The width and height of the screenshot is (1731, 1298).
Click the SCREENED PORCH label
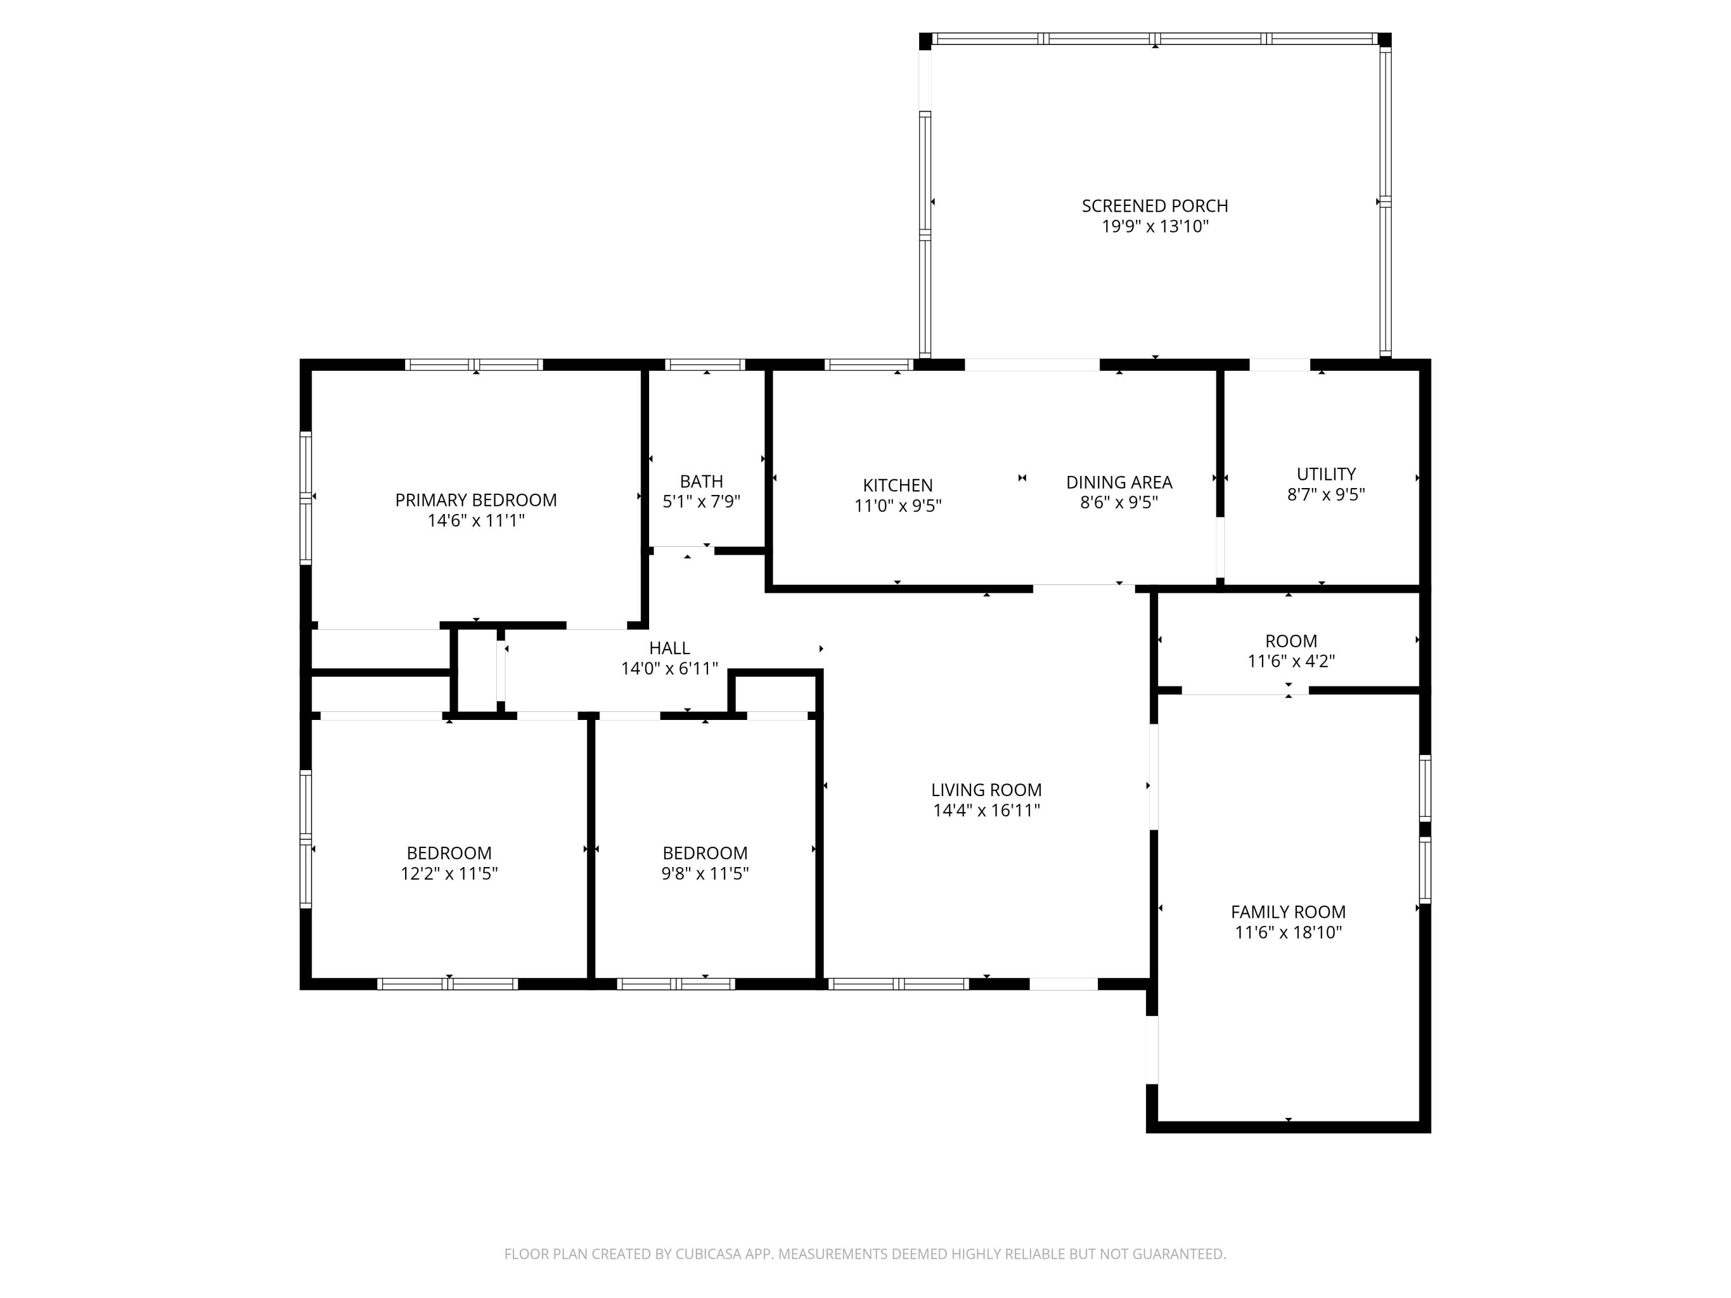coord(1154,206)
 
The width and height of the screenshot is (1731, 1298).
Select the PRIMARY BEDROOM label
coord(476,500)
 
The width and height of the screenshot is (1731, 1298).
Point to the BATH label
coord(701,481)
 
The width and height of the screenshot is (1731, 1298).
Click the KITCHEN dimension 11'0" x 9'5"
coord(898,505)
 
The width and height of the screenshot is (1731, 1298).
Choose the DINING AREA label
coord(1119,482)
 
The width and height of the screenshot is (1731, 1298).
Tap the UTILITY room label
coord(1325,474)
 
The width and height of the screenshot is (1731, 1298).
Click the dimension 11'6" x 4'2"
coord(1290,661)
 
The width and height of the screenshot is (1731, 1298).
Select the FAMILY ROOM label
coord(1288,911)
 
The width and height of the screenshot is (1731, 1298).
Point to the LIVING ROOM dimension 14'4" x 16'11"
coord(986,811)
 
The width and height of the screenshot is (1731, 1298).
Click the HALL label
coord(669,648)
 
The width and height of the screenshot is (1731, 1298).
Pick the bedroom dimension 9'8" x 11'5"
coord(705,873)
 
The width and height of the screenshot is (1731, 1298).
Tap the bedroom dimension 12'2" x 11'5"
coord(449,873)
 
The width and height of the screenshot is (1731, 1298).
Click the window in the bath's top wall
coord(705,365)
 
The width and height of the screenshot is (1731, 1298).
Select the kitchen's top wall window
coord(868,365)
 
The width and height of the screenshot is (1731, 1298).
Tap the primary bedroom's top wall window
coord(474,365)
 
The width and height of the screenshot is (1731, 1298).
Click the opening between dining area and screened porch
coord(1032,365)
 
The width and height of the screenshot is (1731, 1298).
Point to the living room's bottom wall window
coord(898,984)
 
